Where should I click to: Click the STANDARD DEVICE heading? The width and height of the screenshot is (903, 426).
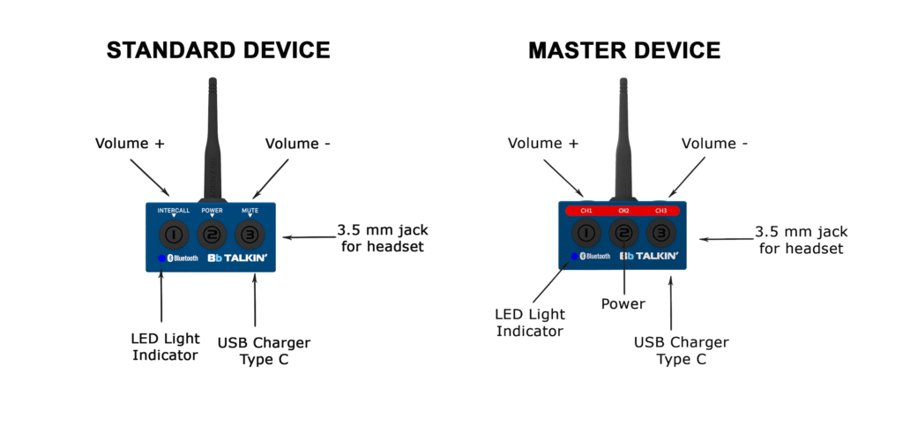pyautogui.click(x=219, y=50)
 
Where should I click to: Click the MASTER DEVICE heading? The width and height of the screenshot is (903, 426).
pyautogui.click(x=624, y=50)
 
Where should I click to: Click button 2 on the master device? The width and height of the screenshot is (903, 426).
pyautogui.click(x=624, y=233)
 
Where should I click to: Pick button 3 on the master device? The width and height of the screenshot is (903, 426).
pyautogui.click(x=661, y=233)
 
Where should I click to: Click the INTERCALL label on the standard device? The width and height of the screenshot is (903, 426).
pyautogui.click(x=174, y=211)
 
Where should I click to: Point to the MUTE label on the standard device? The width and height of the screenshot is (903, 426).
pyautogui.click(x=250, y=211)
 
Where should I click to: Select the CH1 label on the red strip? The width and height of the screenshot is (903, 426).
pyautogui.click(x=586, y=211)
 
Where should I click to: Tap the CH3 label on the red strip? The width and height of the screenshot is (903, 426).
pyautogui.click(x=661, y=211)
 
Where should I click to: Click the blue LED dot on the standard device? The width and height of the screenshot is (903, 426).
pyautogui.click(x=162, y=258)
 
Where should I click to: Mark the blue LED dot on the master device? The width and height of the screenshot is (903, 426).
pyautogui.click(x=574, y=256)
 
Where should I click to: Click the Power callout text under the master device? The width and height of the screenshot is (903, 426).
pyautogui.click(x=623, y=303)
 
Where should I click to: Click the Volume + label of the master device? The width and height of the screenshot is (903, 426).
pyautogui.click(x=542, y=143)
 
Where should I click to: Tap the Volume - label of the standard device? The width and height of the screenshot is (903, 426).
pyautogui.click(x=298, y=143)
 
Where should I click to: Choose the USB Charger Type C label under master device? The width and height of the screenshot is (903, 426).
pyautogui.click(x=682, y=350)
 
